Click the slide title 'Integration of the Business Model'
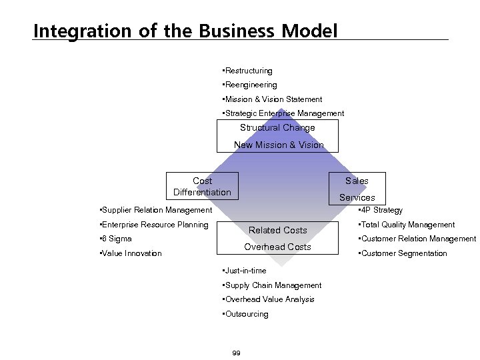185,31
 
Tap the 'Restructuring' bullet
248,71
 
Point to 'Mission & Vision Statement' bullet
273,99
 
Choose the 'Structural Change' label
277,128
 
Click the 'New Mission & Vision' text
279,145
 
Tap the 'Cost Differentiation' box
202,187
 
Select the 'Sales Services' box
357,189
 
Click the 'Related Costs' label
277,230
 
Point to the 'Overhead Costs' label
277,247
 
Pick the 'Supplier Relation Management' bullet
155,210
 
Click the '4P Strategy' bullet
380,210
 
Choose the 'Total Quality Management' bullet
407,225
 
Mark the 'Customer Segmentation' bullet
403,253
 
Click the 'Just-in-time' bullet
245,271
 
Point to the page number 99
236,353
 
